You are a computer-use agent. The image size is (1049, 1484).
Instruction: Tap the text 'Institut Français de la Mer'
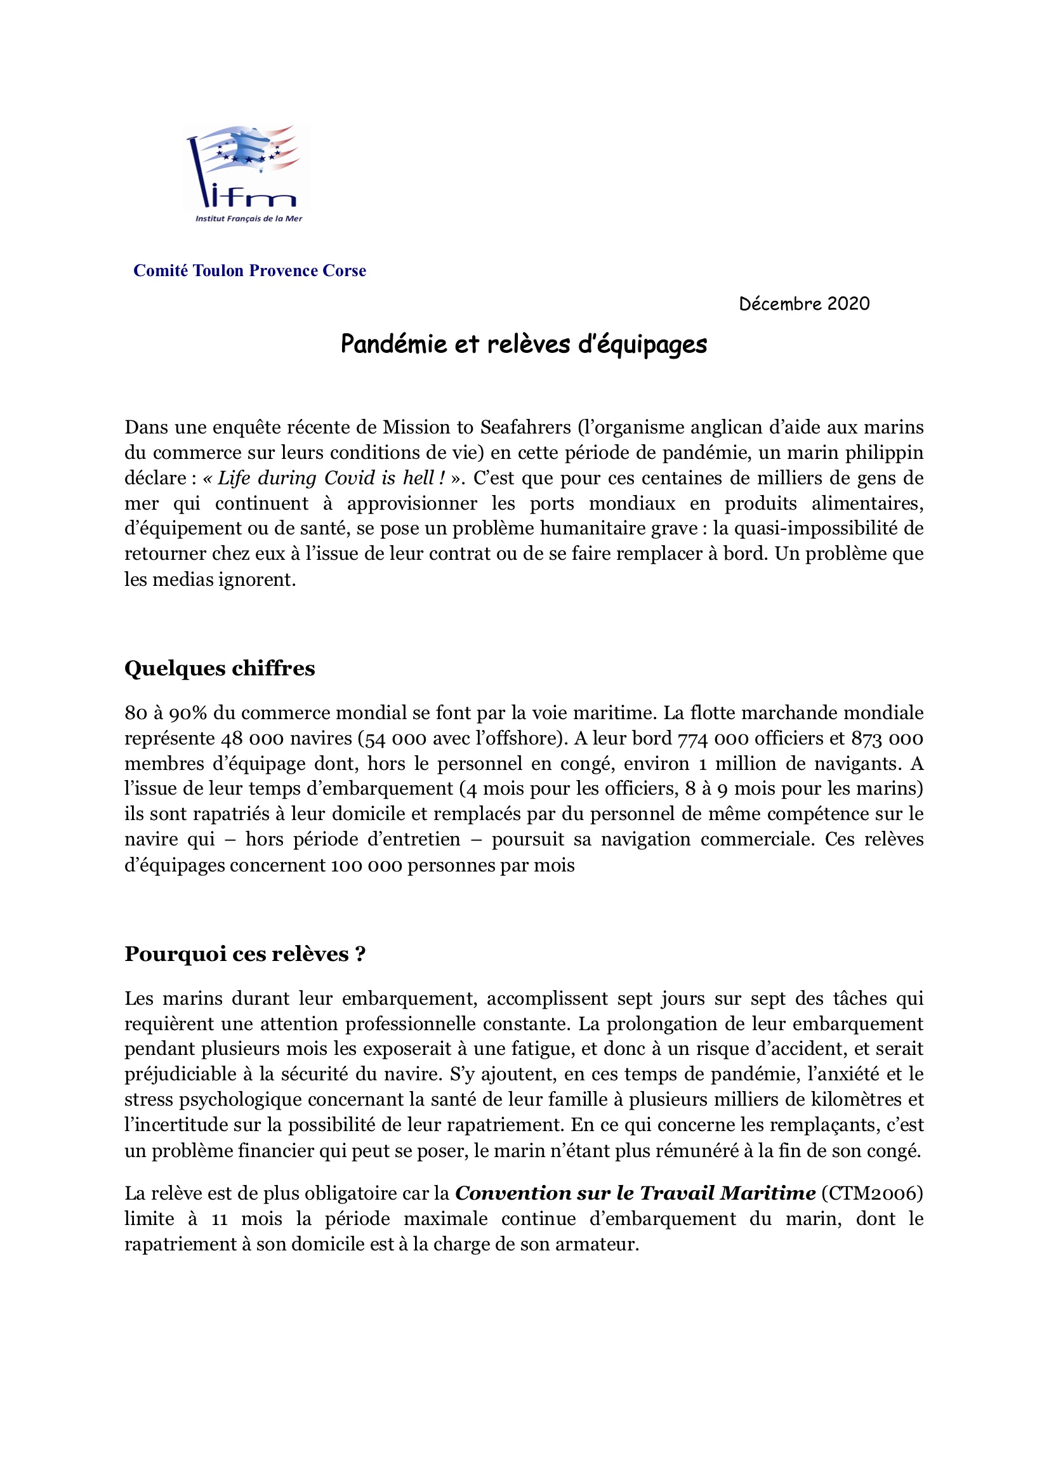(249, 218)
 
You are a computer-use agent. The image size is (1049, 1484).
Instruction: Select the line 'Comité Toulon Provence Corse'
(249, 271)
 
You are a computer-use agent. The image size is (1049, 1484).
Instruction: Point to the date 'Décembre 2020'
(804, 304)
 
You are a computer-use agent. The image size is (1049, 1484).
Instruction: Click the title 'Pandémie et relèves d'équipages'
(524, 344)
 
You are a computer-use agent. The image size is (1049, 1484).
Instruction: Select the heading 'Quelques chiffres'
(220, 668)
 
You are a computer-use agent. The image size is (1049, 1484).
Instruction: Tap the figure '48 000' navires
(252, 738)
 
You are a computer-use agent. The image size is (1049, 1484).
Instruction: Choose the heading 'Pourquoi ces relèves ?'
(245, 954)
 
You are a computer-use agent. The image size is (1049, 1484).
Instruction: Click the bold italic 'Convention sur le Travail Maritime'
(635, 1193)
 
